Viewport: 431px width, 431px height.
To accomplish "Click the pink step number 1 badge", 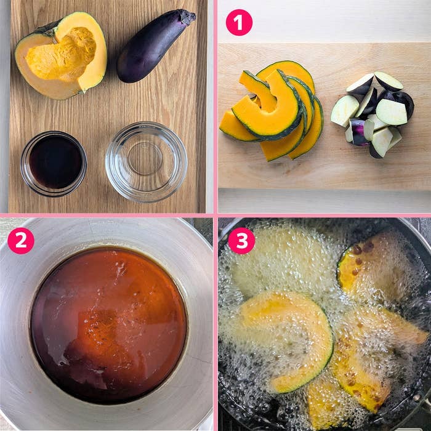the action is tap(239, 23).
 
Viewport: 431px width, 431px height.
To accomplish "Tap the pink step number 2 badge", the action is tap(21, 241).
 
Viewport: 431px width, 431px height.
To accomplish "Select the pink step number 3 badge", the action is tap(241, 241).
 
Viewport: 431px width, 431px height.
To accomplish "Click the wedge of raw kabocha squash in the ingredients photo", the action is tap(61, 55).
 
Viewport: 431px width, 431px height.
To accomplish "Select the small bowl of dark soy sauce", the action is tap(54, 164).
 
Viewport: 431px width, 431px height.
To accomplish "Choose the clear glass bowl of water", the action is tap(147, 161).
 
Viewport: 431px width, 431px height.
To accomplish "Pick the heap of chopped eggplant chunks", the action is tap(373, 114).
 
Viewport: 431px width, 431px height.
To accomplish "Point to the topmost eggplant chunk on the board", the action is tap(388, 81).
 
